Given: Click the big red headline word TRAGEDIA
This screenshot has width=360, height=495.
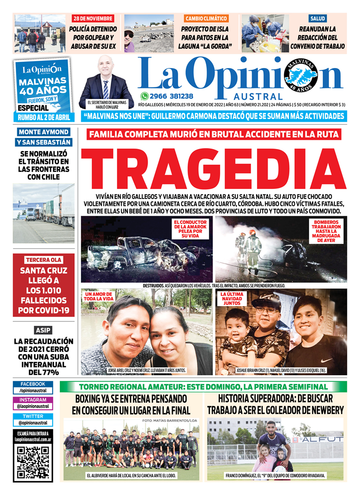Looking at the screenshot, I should point(213,169).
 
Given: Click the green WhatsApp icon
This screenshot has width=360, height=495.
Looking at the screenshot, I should point(144,96).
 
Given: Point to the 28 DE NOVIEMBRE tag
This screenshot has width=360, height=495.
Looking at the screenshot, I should point(93,18).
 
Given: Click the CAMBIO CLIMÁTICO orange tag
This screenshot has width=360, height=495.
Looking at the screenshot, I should point(206,18).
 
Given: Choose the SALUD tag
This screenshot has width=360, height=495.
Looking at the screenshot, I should point(317,18).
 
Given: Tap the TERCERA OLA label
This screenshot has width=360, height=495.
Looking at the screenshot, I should point(44,260).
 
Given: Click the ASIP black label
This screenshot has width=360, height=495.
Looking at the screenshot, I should point(44,329).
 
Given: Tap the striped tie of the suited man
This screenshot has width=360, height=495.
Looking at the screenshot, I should point(106,89).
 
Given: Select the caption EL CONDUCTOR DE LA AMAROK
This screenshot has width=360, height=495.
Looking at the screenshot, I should point(190,229).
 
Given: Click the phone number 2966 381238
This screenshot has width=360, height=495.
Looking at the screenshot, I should point(172,96).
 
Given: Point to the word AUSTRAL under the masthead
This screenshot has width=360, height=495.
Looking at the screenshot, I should point(258,96).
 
